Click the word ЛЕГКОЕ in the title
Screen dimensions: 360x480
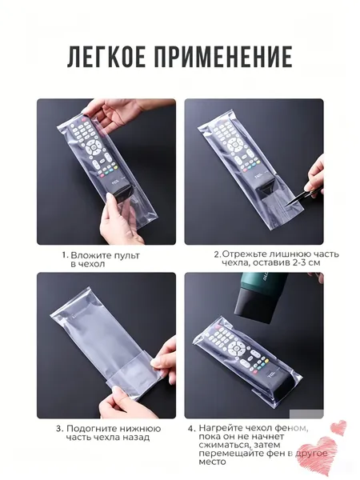(x=106, y=57)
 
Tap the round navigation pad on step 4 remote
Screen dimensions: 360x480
(x=236, y=347)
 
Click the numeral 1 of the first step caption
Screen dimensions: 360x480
(x=64, y=256)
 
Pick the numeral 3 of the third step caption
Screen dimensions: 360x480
(x=58, y=429)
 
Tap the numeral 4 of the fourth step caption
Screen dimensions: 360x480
(x=190, y=429)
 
